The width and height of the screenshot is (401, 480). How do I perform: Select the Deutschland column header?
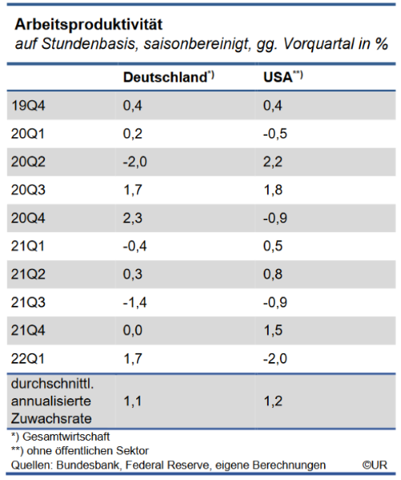(x=164, y=78)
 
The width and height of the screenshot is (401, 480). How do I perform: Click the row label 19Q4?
(x=28, y=105)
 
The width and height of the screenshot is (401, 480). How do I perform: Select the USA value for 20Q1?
(x=275, y=133)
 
